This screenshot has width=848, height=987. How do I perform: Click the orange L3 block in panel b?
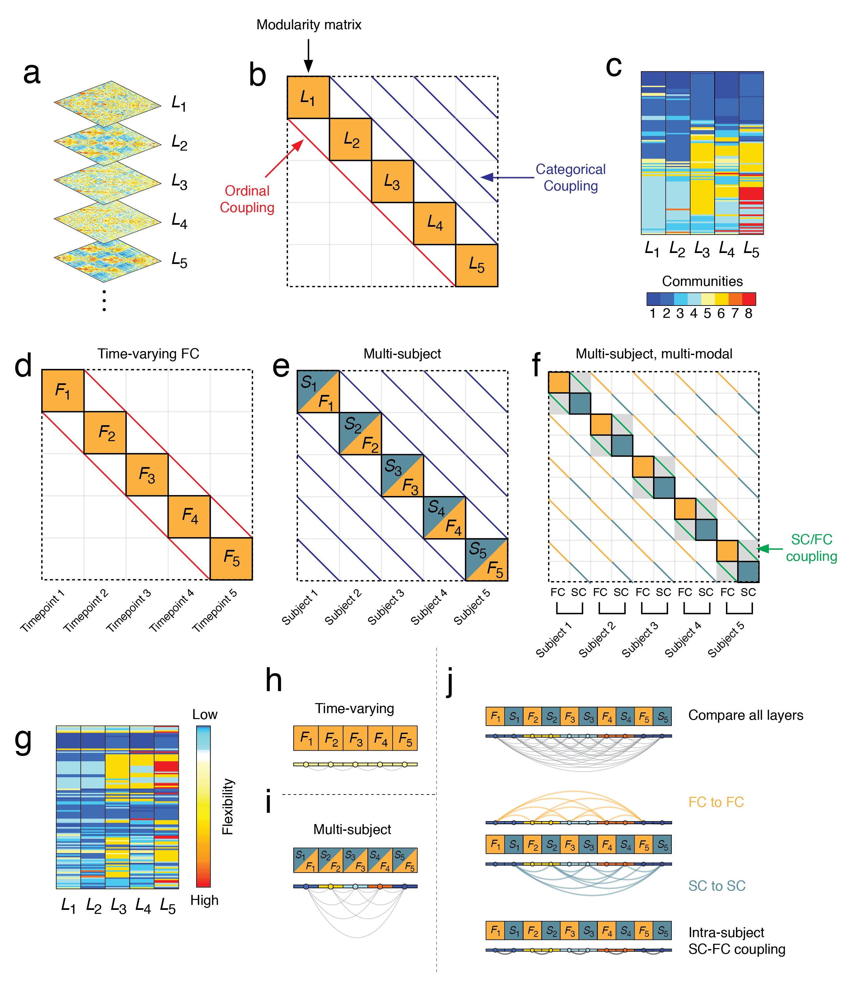[x=392, y=182]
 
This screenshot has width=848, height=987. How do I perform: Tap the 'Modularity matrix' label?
[x=309, y=25]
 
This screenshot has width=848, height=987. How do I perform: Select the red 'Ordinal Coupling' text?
[x=247, y=199]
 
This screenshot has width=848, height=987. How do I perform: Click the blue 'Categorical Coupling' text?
[x=570, y=177]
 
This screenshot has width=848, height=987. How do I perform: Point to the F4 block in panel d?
[x=189, y=516]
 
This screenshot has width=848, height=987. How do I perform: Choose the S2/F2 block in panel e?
[x=360, y=433]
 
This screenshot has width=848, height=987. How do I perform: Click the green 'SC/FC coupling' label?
[x=811, y=548]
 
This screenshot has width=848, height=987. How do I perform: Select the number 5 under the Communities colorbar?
[x=707, y=313]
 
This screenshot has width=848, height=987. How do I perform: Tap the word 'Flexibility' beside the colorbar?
[x=228, y=806]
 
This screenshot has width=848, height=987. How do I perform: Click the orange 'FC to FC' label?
[x=716, y=802]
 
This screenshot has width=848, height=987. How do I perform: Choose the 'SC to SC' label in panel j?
[x=717, y=886]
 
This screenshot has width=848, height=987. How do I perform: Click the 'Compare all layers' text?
[x=746, y=715]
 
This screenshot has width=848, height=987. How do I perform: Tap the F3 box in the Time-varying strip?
[x=355, y=738]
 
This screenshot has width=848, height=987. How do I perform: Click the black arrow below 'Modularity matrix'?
[x=308, y=56]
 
